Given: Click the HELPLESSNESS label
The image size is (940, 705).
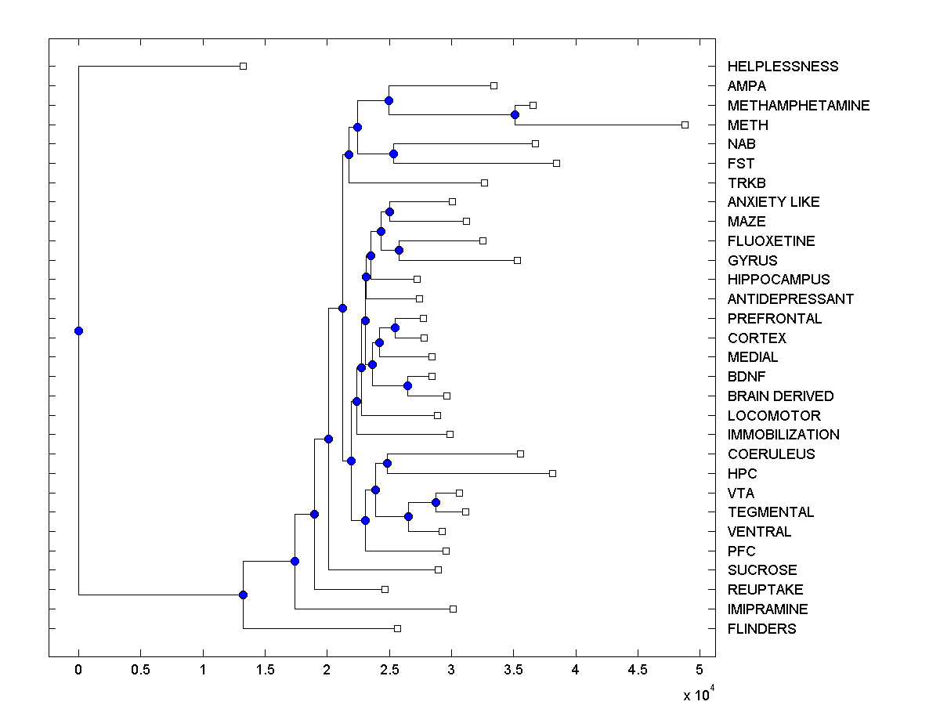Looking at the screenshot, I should click(x=783, y=67).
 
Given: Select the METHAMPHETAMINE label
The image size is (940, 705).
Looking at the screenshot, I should click(x=798, y=106).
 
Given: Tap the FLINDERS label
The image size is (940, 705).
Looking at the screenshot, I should click(x=761, y=629).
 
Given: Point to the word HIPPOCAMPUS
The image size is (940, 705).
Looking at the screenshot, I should click(x=778, y=280).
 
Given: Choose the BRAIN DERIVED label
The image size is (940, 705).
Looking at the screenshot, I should click(x=780, y=396).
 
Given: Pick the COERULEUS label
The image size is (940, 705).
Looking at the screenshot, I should click(x=771, y=454).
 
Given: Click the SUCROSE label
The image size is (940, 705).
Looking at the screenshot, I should click(x=761, y=570).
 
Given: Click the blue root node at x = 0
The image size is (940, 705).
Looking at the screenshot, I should click(x=78, y=331).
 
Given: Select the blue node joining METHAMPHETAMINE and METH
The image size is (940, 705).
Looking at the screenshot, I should click(x=515, y=115).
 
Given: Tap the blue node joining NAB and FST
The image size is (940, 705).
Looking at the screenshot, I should click(x=393, y=154).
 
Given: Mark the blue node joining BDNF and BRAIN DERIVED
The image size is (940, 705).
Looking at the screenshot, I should click(x=407, y=385).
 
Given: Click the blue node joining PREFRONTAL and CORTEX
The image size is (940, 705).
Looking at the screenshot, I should click(x=396, y=327).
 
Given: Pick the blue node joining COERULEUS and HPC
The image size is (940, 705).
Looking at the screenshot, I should click(x=387, y=463).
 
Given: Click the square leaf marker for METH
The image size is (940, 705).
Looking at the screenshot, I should click(x=685, y=125).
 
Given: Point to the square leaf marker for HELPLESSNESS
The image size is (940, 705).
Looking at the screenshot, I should click(x=243, y=66).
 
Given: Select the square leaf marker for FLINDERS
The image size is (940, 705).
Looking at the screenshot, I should click(x=397, y=628).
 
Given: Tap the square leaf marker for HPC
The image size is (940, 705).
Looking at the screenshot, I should click(x=552, y=473).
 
